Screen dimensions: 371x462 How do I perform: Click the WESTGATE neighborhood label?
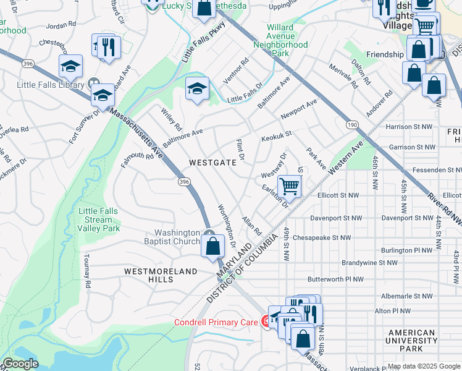(212, 163)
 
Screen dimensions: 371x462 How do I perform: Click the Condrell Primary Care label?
(215, 322)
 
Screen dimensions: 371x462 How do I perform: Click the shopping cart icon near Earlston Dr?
(289, 185)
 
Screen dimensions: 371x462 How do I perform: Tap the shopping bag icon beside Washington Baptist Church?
(212, 245)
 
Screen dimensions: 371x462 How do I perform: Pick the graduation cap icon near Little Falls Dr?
(197, 88)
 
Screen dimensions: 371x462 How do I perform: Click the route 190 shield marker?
(351, 125)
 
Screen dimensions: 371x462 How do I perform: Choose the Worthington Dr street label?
(227, 226)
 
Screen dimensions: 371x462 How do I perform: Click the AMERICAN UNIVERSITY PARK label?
(412, 341)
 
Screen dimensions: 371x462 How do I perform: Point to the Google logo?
(21, 364)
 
